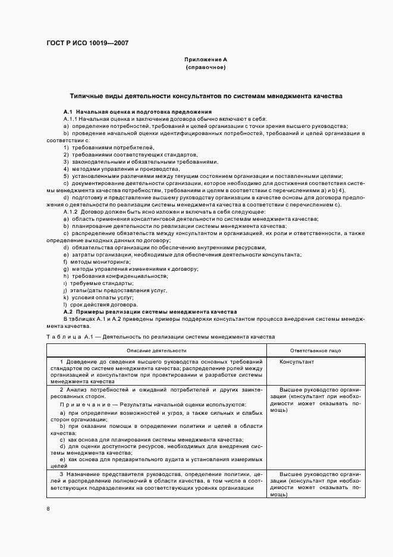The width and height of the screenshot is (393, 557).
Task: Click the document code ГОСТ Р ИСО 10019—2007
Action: (87, 43)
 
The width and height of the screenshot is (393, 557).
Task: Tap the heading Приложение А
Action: (206, 60)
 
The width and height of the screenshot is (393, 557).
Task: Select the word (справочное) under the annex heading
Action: (206, 68)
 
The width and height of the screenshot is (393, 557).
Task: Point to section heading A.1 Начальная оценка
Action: (137, 112)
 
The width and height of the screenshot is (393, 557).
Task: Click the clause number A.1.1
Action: (70, 119)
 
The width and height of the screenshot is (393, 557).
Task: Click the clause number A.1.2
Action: (70, 212)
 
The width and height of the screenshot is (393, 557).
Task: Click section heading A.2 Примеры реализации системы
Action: (150, 311)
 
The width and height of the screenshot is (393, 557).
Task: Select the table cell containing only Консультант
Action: (297, 362)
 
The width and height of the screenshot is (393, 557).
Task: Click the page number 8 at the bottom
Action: (48, 509)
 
